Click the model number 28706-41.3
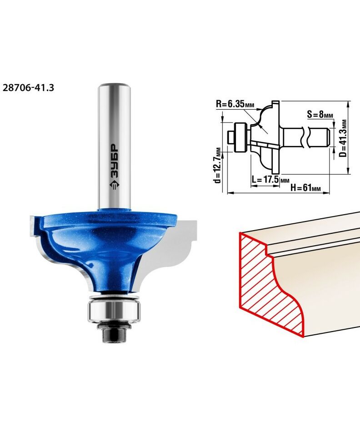tap(28, 88)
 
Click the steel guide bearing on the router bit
tap(114, 310)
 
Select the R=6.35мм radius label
tap(235, 104)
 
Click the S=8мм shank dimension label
tap(320, 114)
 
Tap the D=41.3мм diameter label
tap(344, 138)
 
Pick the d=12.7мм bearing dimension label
tap(217, 169)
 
